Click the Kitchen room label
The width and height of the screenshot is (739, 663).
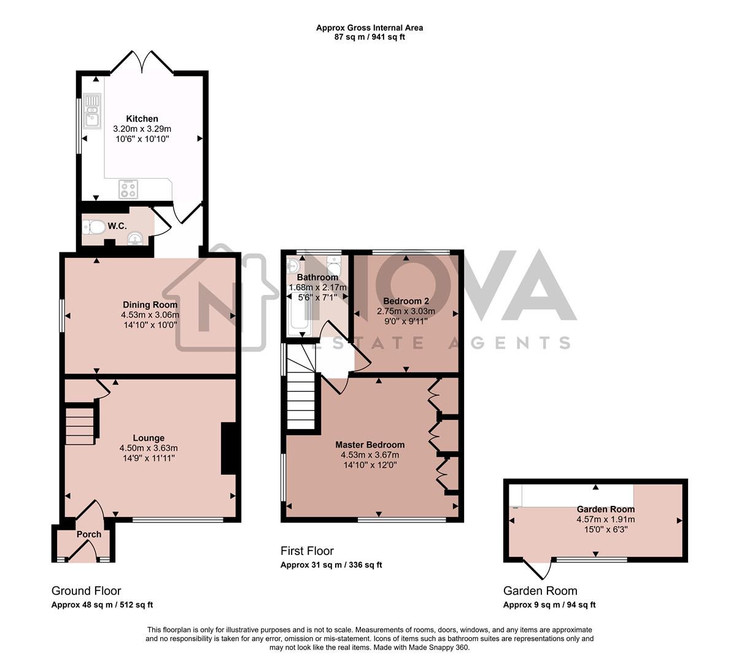pyautogui.click(x=142, y=118)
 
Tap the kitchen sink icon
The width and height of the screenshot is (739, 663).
pyautogui.click(x=92, y=110)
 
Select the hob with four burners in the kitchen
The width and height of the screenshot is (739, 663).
pyautogui.click(x=129, y=189)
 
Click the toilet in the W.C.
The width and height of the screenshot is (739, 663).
pyautogui.click(x=93, y=227)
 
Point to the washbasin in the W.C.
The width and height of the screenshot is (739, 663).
pyautogui.click(x=134, y=239)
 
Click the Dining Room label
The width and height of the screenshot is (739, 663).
pyautogui.click(x=150, y=304)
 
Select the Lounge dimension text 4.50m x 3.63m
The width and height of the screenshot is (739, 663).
pyautogui.click(x=149, y=448)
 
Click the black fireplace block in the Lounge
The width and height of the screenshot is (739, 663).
pyautogui.click(x=228, y=448)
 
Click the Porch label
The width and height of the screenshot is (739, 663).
pyautogui.click(x=88, y=534)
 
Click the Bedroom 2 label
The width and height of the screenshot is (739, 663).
pyautogui.click(x=406, y=301)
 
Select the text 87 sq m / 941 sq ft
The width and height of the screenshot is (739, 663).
pyautogui.click(x=369, y=37)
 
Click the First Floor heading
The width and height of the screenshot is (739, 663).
pyautogui.click(x=307, y=551)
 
